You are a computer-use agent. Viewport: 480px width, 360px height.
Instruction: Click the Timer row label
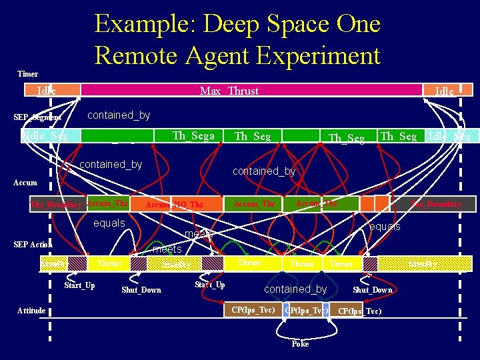[x=27, y=74]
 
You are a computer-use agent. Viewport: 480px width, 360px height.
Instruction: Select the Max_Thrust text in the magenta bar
[x=229, y=91]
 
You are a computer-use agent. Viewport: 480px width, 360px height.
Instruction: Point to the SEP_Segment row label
[x=37, y=118]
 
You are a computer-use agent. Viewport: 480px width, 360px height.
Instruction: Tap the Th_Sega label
[x=193, y=136]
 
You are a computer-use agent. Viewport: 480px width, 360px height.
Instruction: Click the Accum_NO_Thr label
[x=174, y=204]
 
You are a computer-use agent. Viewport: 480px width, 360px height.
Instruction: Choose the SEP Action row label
[x=33, y=245]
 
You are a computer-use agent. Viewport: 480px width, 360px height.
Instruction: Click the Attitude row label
[x=31, y=311]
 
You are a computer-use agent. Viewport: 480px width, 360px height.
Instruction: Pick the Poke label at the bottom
[x=300, y=344]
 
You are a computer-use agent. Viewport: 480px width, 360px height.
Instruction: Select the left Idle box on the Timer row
[x=46, y=91]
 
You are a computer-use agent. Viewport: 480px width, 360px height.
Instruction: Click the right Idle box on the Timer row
[x=444, y=91]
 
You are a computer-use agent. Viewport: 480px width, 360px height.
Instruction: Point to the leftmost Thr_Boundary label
[x=57, y=205]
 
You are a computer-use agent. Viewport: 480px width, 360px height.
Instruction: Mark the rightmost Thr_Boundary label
[x=435, y=204]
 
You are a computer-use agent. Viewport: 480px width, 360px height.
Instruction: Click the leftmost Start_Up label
[x=79, y=286]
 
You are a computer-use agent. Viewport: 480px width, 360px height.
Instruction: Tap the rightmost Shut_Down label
[x=372, y=290]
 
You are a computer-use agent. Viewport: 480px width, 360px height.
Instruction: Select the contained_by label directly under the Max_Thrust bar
[x=119, y=115]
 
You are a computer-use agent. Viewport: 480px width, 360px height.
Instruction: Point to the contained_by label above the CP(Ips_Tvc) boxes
[x=295, y=289]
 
